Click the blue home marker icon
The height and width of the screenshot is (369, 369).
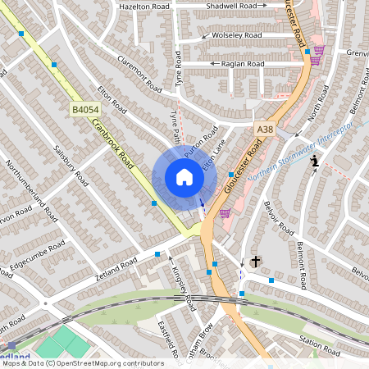[184, 177]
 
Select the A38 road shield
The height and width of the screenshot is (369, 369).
[264, 129]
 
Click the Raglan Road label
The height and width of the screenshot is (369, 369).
[244, 63]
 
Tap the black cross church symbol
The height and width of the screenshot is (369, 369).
[255, 262]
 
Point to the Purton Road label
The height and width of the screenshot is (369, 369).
[200, 143]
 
